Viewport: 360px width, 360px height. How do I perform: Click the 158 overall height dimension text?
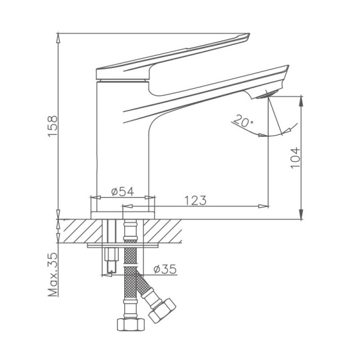[53, 126]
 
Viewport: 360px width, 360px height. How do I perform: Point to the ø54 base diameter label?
[122, 192]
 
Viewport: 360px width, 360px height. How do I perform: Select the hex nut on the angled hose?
[161, 310]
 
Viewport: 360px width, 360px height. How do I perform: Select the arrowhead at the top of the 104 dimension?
[299, 97]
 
